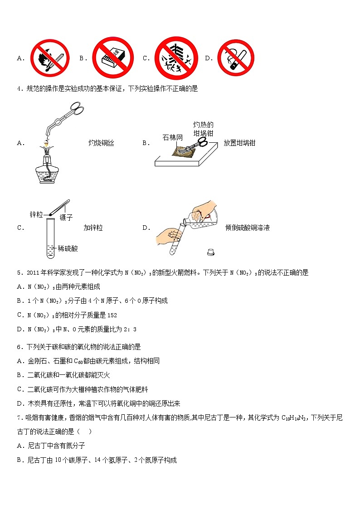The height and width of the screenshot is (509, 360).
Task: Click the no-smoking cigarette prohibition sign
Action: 235,58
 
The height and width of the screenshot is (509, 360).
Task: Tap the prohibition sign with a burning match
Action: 49,58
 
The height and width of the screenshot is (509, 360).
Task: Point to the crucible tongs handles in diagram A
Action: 75,111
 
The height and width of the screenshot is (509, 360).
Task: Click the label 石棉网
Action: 172,137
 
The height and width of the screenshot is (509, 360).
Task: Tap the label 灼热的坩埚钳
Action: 203,129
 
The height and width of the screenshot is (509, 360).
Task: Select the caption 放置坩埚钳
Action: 239,143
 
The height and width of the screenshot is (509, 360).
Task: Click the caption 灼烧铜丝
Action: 101,143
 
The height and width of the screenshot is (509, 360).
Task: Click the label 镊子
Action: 66,218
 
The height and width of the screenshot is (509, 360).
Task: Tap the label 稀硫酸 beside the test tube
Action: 68,248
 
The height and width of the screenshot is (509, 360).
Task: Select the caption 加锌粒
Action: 93,228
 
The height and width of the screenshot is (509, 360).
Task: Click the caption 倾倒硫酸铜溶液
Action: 247,228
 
